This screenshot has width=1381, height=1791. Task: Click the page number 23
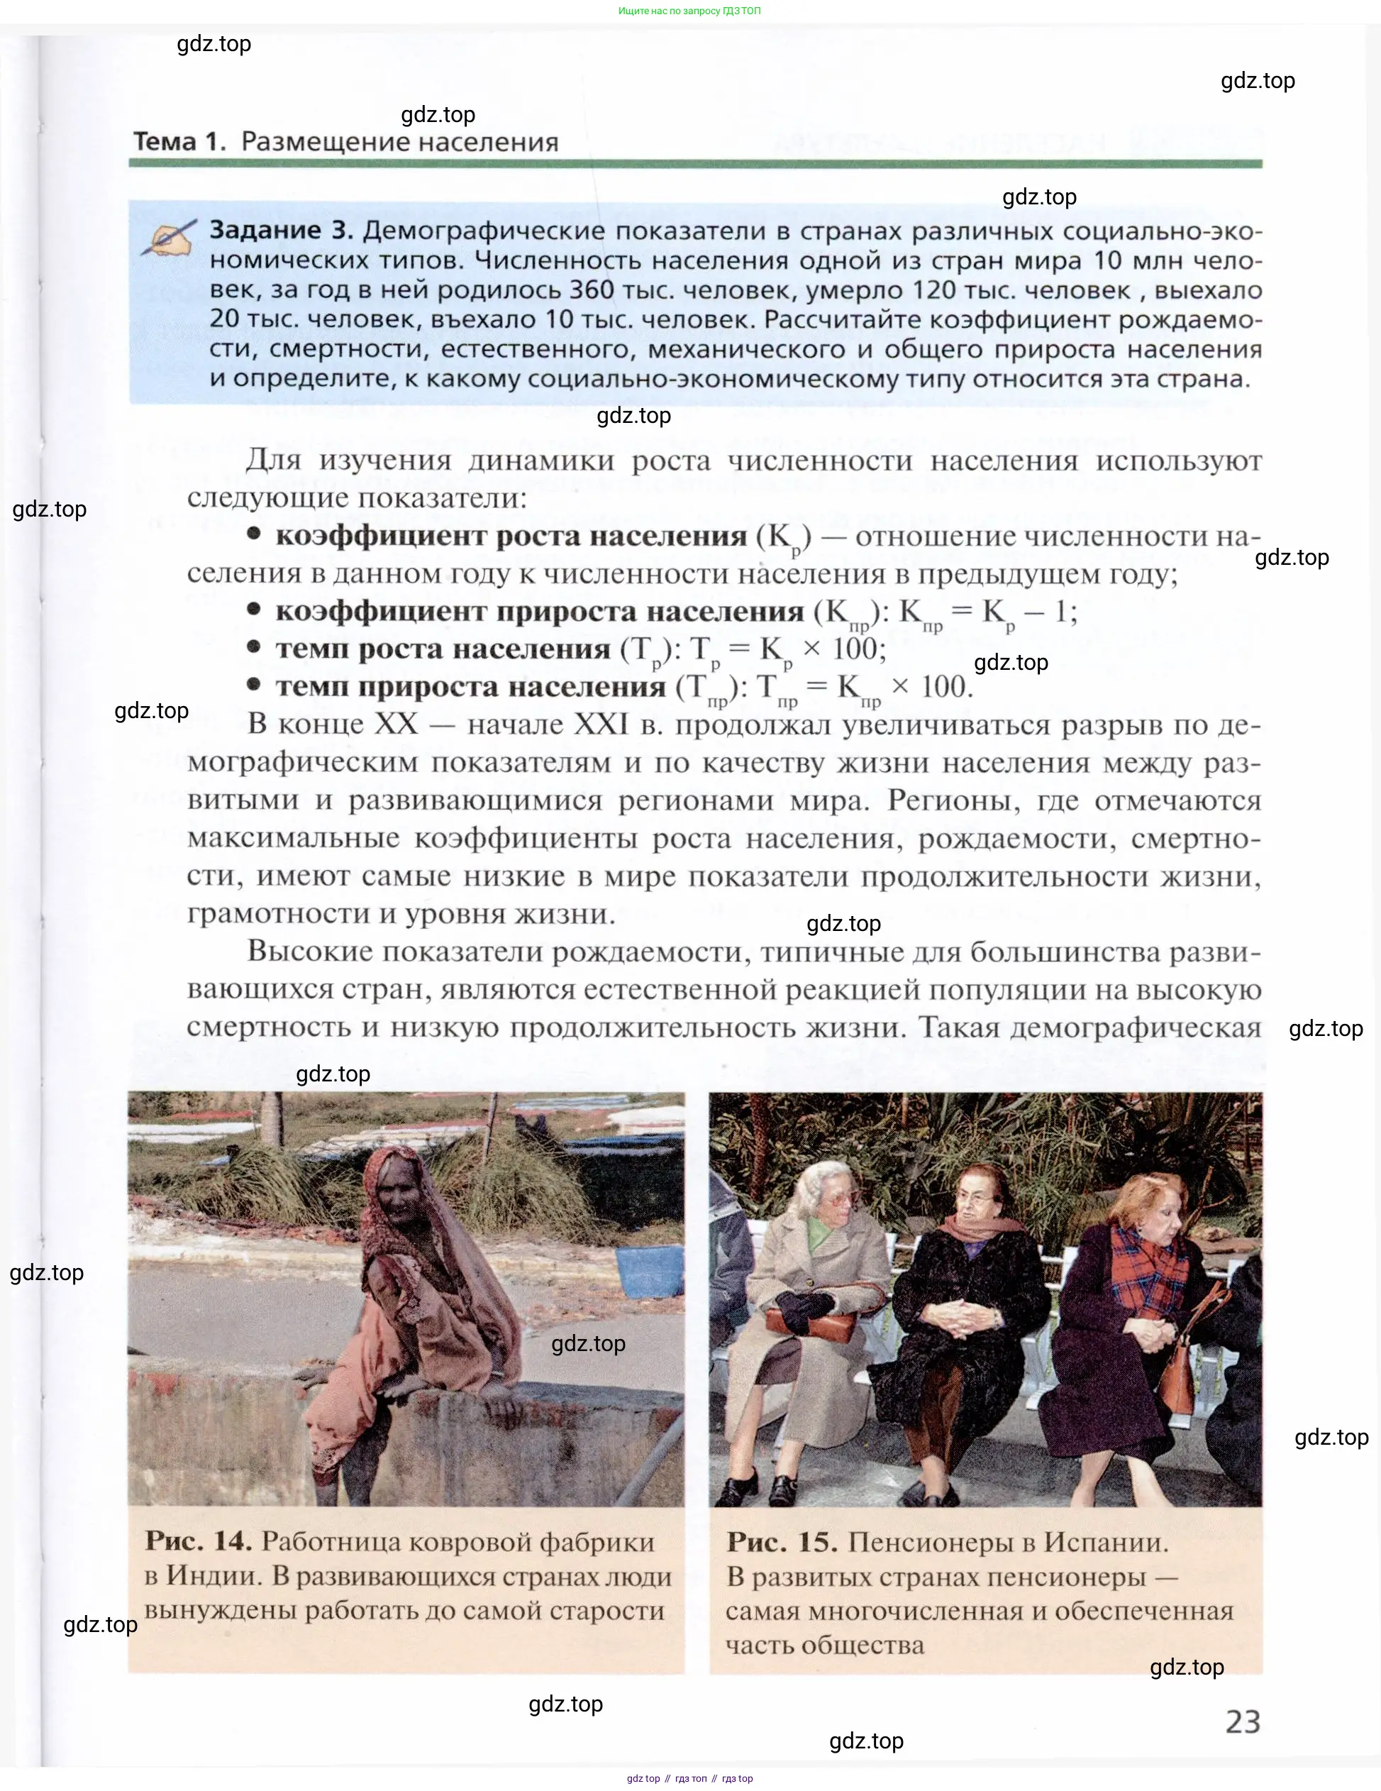tap(1242, 1721)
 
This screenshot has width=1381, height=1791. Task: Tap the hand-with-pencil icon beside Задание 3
tap(169, 237)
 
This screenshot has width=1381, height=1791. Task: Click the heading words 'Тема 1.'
tap(179, 142)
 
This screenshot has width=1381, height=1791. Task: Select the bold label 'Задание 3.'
tap(281, 231)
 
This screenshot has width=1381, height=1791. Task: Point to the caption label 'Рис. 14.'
tap(199, 1541)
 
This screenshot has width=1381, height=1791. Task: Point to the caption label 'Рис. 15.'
tap(782, 1542)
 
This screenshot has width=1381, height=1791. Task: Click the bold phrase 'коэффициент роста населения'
tap(511, 536)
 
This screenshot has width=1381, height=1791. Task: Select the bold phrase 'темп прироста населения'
tap(470, 686)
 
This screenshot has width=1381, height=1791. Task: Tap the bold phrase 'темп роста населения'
tap(443, 649)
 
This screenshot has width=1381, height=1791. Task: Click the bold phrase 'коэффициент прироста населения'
tap(539, 612)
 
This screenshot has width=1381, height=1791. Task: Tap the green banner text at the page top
tap(689, 11)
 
